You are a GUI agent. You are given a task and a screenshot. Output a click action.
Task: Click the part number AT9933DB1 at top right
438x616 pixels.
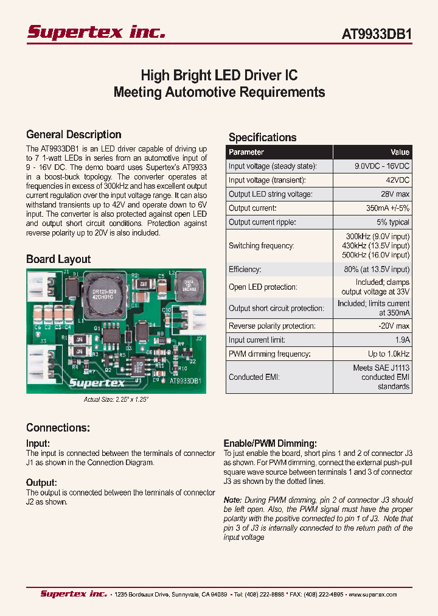point(377,35)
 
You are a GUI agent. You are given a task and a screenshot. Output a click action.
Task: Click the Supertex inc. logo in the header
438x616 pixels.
point(96,33)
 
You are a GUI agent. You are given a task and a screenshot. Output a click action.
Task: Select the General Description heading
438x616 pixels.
point(74,135)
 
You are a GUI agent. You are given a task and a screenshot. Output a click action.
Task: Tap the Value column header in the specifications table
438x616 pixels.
point(400,152)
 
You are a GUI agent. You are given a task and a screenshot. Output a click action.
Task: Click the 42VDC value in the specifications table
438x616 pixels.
point(396,180)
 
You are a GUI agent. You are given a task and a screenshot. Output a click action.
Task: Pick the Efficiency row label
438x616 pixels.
point(245,269)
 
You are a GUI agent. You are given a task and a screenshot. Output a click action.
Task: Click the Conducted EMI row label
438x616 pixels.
point(254,377)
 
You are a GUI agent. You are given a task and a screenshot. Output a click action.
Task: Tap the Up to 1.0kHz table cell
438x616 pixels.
point(389,354)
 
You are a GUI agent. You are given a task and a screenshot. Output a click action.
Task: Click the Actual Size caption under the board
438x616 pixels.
point(116,400)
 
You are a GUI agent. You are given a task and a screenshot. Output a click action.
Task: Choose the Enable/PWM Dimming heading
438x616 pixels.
point(270,444)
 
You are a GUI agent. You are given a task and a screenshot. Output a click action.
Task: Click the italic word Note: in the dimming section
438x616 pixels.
point(233,500)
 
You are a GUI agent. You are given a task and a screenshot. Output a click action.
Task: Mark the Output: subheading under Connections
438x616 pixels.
point(41,483)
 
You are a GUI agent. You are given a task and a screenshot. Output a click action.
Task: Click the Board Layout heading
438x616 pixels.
point(58,259)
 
